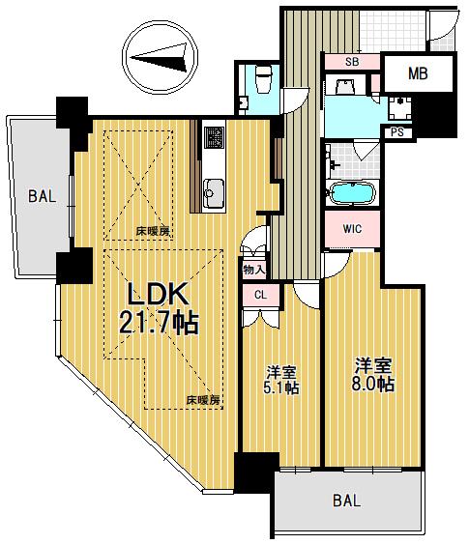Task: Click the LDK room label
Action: point(159,294)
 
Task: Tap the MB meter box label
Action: point(418,73)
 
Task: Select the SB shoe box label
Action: point(352,62)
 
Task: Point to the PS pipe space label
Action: point(397,132)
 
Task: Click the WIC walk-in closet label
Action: point(352,229)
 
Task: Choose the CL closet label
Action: point(261,295)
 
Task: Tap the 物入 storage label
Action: point(253,270)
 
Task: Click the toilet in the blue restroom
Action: point(263,79)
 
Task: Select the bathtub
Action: point(352,192)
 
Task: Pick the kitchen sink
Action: point(214,193)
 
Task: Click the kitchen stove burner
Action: point(214,136)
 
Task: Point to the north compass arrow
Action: point(159,58)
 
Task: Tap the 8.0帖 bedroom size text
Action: point(373,384)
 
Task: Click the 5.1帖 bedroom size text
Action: point(281,387)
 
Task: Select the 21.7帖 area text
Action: point(159,323)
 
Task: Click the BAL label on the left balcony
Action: point(42,196)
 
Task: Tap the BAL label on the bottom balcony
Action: point(346,501)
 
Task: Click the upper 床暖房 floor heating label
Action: point(154,231)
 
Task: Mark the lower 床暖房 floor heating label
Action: point(203,400)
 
